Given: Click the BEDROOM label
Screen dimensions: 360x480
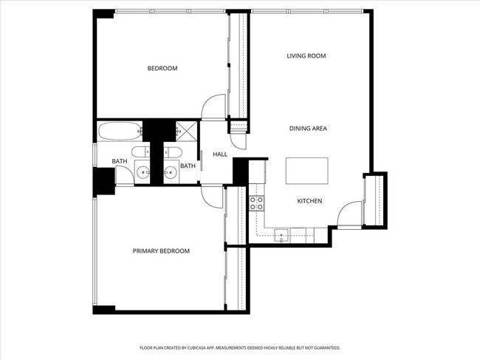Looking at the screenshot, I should tap(162, 69).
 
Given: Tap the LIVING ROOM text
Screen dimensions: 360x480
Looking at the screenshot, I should tap(306, 56).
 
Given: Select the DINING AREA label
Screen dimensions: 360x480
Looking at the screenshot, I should tap(307, 129).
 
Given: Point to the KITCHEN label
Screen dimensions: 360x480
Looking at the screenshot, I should tap(309, 201).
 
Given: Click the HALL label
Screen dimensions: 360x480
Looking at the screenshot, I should tap(220, 154).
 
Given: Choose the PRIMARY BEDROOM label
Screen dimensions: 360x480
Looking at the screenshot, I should tap(161, 251).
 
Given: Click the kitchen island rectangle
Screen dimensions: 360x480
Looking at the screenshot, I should tap(307, 171).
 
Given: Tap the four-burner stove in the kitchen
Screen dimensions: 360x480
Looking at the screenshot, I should tap(257, 203).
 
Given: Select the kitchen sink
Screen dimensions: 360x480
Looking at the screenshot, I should tap(282, 236).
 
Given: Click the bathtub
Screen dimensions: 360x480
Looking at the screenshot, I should tap(120, 132).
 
